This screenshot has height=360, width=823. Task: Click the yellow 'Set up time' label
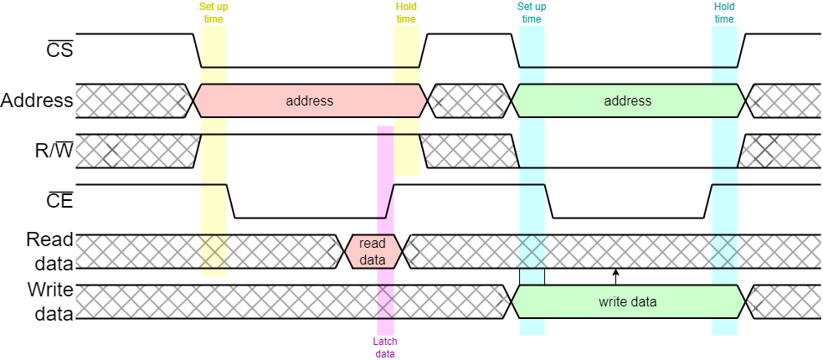[213, 13]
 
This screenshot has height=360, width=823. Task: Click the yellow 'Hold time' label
[406, 13]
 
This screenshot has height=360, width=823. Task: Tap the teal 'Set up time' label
[532, 13]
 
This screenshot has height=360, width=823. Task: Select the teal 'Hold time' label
[724, 13]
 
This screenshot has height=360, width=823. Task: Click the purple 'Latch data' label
[385, 347]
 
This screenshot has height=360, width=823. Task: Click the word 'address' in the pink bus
[310, 100]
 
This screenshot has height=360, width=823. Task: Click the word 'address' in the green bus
[628, 100]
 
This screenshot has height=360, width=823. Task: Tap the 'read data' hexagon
[373, 251]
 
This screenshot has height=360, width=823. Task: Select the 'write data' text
[628, 301]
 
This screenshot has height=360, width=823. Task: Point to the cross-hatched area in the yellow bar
[213, 251]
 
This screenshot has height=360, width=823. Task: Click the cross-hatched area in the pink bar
[385, 301]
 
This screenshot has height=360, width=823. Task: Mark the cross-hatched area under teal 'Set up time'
[532, 251]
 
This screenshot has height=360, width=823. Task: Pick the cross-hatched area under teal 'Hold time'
[724, 251]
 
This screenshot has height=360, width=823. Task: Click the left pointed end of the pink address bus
[196, 100]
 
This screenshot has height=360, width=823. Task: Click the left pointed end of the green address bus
[514, 100]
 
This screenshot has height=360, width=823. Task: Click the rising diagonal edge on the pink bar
[389, 201]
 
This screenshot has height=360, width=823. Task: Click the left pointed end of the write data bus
[514, 301]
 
